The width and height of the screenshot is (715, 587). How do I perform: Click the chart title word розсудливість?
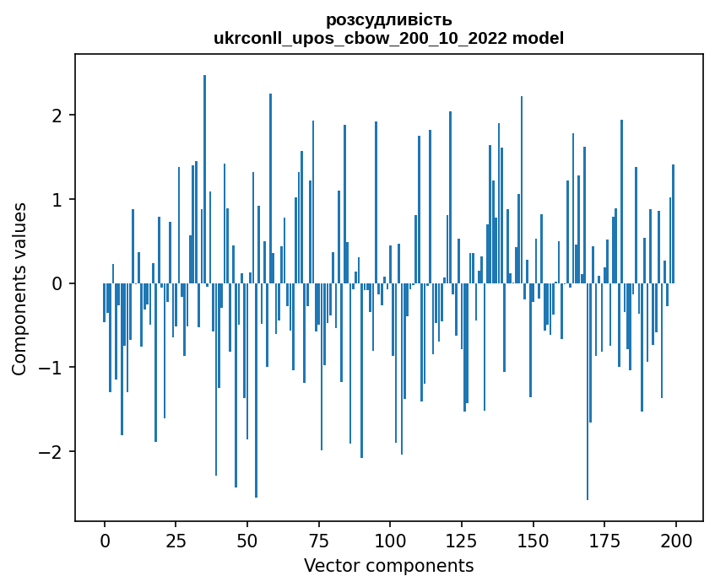point(388,19)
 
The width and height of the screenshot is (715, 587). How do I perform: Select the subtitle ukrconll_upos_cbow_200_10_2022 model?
point(388,38)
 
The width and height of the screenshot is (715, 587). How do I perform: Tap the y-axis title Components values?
point(19,288)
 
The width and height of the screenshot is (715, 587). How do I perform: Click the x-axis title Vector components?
point(388,565)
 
